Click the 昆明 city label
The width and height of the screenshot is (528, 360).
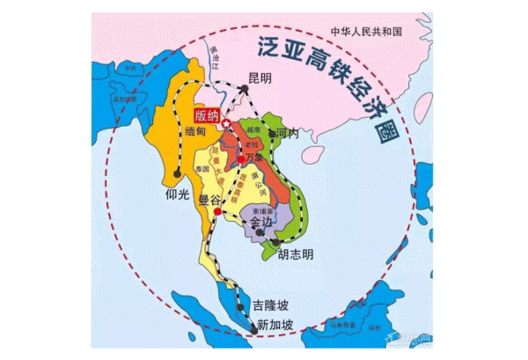(260, 78)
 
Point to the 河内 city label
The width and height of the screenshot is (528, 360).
(287, 134)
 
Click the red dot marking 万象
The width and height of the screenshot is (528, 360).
(241, 159)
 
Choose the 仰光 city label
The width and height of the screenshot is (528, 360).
(177, 188)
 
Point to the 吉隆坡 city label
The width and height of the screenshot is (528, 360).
(270, 305)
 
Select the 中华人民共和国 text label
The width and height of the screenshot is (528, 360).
(366, 32)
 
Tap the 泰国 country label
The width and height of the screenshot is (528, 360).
(204, 168)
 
